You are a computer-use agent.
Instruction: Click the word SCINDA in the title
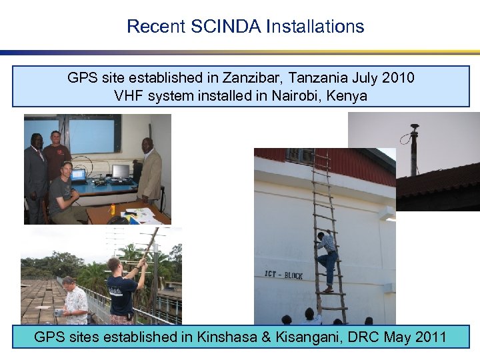coord(227,27)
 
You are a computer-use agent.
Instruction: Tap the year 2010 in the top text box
coord(397,78)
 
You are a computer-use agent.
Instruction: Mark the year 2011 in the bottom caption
coord(430,337)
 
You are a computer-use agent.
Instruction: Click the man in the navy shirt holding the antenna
coord(123,290)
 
